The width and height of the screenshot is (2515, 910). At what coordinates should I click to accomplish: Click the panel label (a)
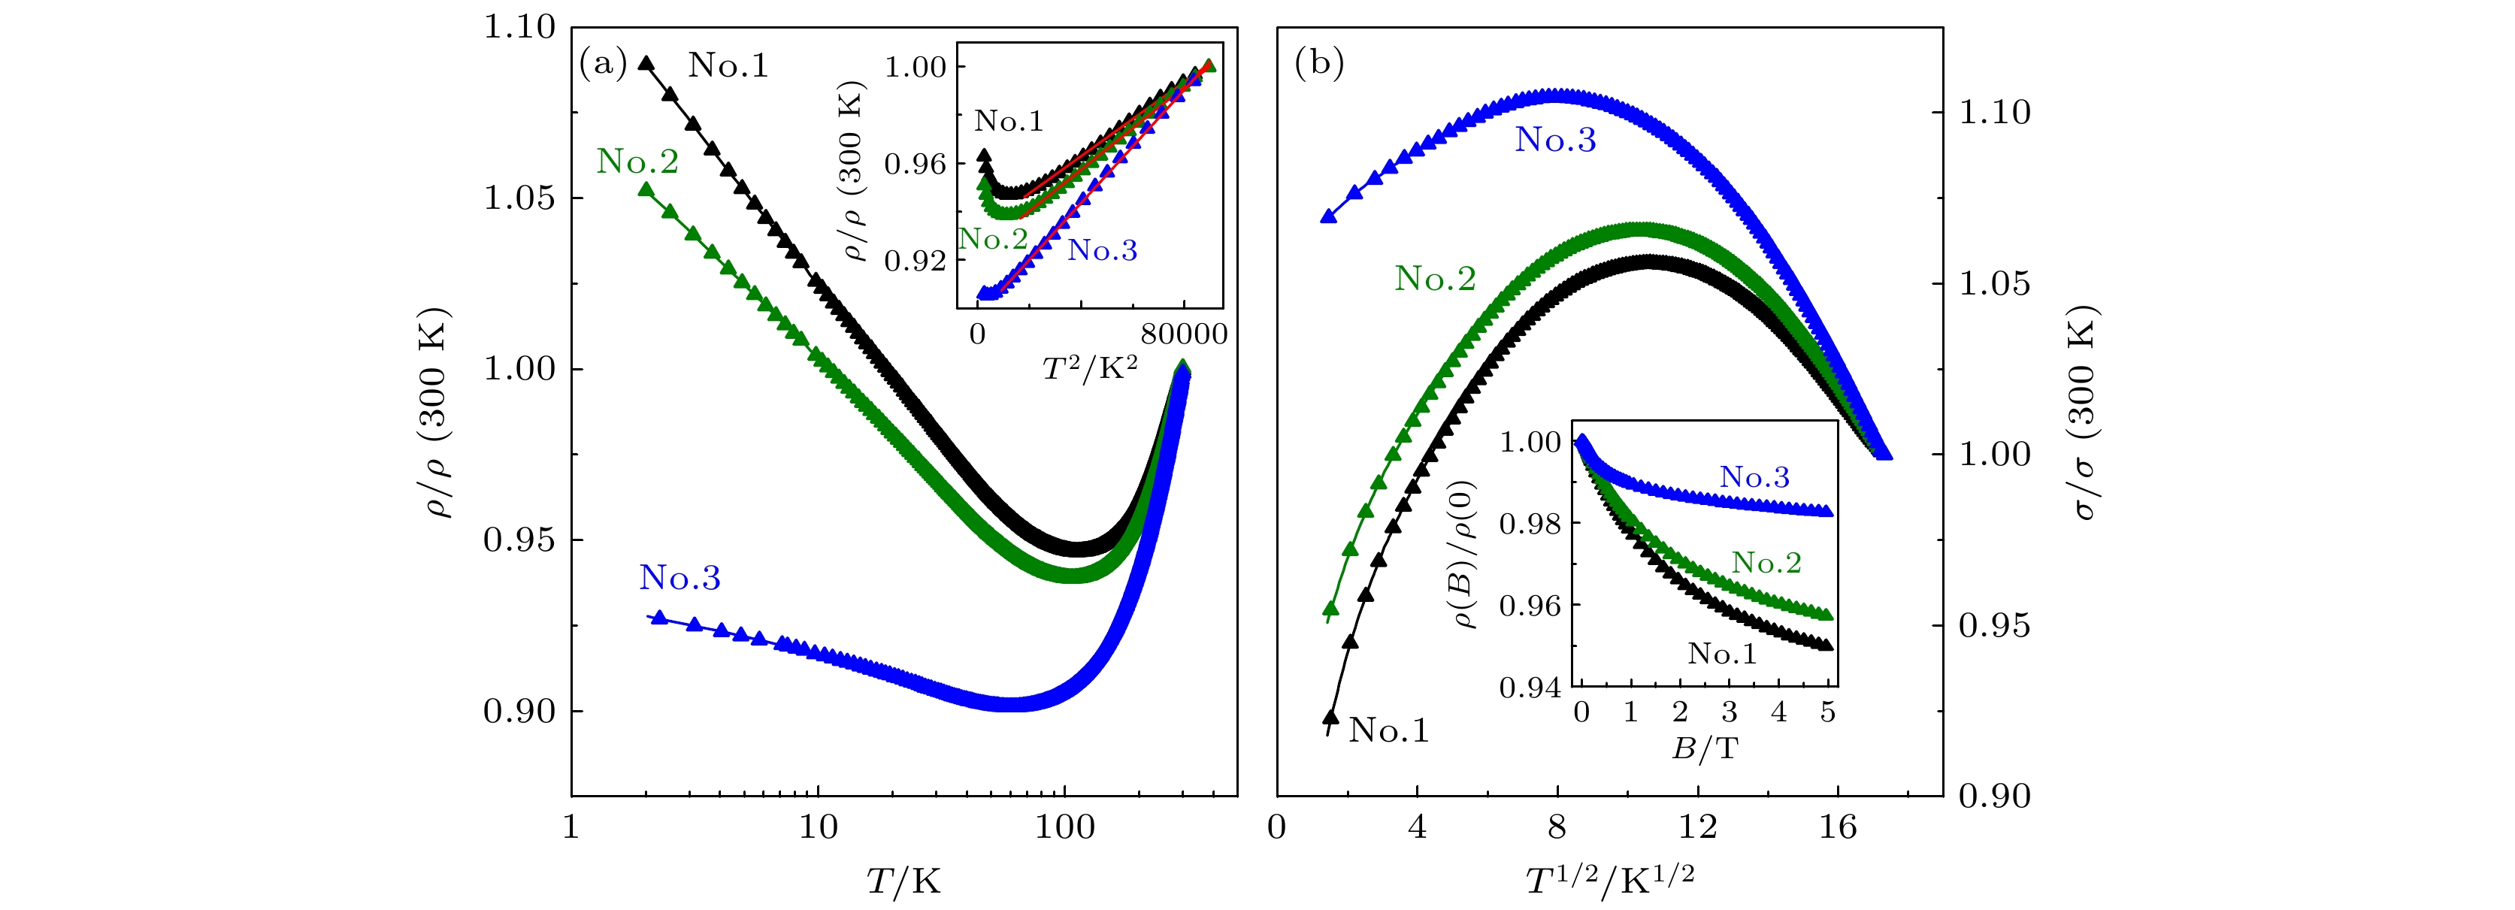point(602,65)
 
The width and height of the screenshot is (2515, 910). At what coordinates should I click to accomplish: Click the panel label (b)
point(1318,65)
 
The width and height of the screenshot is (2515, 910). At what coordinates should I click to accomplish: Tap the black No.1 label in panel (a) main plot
point(728,65)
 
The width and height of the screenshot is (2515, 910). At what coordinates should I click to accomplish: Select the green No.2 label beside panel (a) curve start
point(637,161)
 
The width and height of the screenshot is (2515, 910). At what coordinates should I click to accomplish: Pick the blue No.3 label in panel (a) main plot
point(679,578)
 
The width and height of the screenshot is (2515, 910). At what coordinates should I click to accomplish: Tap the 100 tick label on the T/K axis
point(1064,828)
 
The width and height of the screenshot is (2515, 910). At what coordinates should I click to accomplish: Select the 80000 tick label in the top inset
point(1183,334)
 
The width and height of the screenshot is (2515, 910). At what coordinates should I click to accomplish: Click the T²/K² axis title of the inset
point(1090,368)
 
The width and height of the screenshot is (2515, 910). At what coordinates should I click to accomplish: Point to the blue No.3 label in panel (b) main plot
point(1555,141)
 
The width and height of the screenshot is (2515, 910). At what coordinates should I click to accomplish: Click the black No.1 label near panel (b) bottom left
point(1388,730)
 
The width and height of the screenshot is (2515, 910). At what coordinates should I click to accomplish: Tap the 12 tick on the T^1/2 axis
point(1697,828)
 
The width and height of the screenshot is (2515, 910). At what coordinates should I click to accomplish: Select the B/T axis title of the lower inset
point(1705,749)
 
